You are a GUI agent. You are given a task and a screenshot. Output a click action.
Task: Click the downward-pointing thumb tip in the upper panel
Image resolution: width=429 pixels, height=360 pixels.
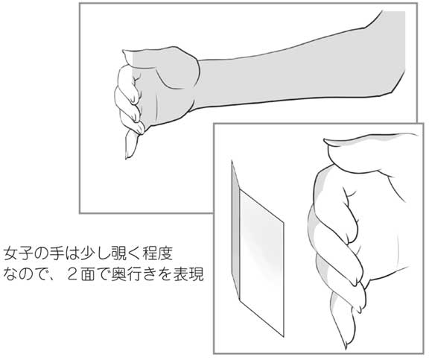(130, 154)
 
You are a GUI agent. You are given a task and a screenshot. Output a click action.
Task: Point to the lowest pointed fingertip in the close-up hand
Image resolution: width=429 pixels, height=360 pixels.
(348, 344)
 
